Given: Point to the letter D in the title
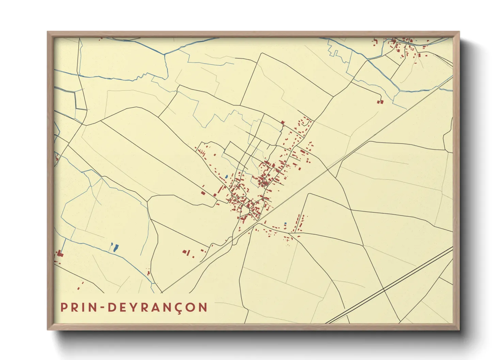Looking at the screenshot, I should point(112,307).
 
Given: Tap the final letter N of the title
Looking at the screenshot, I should point(203,307).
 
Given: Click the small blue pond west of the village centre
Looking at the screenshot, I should point(226,177).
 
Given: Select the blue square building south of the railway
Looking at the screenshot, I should point(285,223).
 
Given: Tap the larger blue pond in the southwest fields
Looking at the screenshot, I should point(115,248).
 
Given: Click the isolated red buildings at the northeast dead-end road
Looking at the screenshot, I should point(380,101).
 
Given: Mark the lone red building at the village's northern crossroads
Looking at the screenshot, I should point(282,122).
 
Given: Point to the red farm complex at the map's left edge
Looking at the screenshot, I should point(60,253).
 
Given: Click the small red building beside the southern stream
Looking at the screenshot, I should point(148,273).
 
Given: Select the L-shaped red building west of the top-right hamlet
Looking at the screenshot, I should point(376,43).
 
